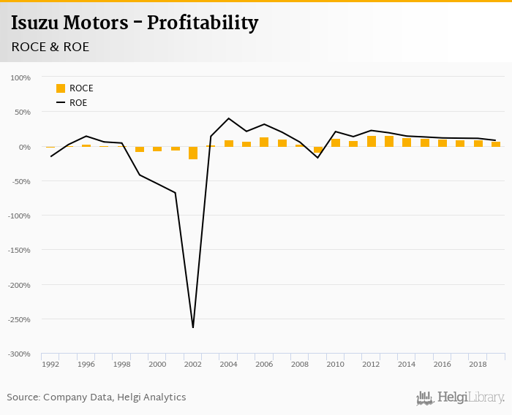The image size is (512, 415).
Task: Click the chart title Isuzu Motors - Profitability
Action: pyautogui.click(x=135, y=23)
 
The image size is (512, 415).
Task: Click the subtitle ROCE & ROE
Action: pyautogui.click(x=50, y=47)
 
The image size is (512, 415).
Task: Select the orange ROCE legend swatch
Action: pyautogui.click(x=61, y=88)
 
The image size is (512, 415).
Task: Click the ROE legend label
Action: pyautogui.click(x=78, y=103)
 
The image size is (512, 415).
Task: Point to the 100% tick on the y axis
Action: pyautogui.click(x=20, y=77)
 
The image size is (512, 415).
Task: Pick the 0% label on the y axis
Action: pyautogui.click(x=24, y=147)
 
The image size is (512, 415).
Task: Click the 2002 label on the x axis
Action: pyautogui.click(x=193, y=364)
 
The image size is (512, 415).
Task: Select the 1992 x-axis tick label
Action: pyautogui.click(x=50, y=364)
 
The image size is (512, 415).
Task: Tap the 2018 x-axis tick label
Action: pyautogui.click(x=477, y=364)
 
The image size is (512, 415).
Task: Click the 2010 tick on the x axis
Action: pyautogui.click(x=335, y=364)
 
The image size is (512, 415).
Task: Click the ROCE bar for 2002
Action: pyautogui.click(x=193, y=153)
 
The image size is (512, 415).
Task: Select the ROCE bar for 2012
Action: pyautogui.click(x=372, y=142)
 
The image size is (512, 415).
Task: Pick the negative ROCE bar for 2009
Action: pyautogui.click(x=318, y=150)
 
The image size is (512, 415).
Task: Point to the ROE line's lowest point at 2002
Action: pyautogui.click(x=193, y=327)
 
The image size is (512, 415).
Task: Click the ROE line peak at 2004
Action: pyautogui.click(x=228, y=118)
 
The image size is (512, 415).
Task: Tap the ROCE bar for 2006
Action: pyautogui.click(x=264, y=142)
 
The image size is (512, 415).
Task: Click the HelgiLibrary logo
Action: pyautogui.click(x=461, y=397)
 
